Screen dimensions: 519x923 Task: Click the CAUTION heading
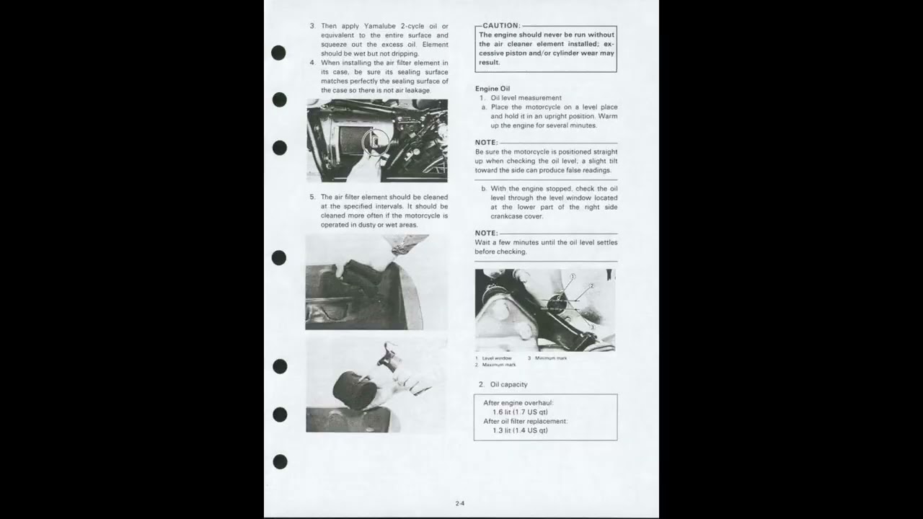pos(500,25)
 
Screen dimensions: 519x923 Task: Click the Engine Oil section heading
pos(492,89)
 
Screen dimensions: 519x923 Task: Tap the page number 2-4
pos(460,503)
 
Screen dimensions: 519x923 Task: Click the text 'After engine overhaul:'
pos(518,403)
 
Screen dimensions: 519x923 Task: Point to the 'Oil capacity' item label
pos(508,384)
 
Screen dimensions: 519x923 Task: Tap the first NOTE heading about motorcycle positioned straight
pos(486,143)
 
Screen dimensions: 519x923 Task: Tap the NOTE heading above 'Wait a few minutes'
pos(486,233)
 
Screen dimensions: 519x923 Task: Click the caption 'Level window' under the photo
pos(497,358)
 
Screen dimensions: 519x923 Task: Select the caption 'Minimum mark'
pos(550,358)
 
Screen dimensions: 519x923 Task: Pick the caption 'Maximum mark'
pos(499,365)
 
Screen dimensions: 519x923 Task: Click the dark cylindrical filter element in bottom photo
pos(354,389)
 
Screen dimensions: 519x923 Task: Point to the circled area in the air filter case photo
pos(375,142)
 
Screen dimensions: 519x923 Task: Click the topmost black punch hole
pos(278,53)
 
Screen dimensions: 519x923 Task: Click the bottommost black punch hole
pos(280,461)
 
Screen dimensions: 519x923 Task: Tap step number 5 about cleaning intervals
pos(312,197)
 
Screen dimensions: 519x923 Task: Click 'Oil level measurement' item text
pos(526,98)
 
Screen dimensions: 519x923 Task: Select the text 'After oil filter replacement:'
pos(525,421)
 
